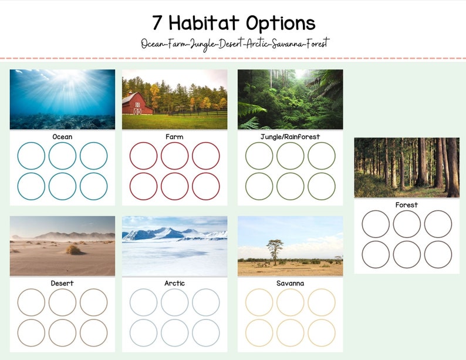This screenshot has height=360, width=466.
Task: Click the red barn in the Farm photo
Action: click(x=136, y=103)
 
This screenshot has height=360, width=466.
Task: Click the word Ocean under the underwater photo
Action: click(x=62, y=137)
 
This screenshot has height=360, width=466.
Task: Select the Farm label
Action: click(x=174, y=137)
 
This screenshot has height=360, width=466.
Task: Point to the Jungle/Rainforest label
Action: click(x=290, y=137)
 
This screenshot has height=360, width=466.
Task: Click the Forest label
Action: click(x=406, y=205)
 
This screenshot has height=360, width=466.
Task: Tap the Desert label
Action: click(x=62, y=283)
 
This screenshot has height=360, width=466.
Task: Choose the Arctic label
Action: click(x=174, y=283)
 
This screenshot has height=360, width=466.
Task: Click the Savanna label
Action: click(x=290, y=283)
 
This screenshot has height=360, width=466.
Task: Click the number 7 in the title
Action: click(x=157, y=23)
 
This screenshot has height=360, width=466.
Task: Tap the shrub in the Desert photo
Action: click(x=73, y=250)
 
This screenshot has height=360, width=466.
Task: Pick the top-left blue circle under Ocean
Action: click(x=31, y=156)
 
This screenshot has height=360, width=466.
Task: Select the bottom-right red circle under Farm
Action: click(x=206, y=186)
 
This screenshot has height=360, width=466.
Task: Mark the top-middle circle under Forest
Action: click(x=407, y=224)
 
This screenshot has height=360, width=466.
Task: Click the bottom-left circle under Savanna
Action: click(x=259, y=332)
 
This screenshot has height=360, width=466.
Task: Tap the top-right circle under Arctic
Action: click(x=206, y=302)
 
